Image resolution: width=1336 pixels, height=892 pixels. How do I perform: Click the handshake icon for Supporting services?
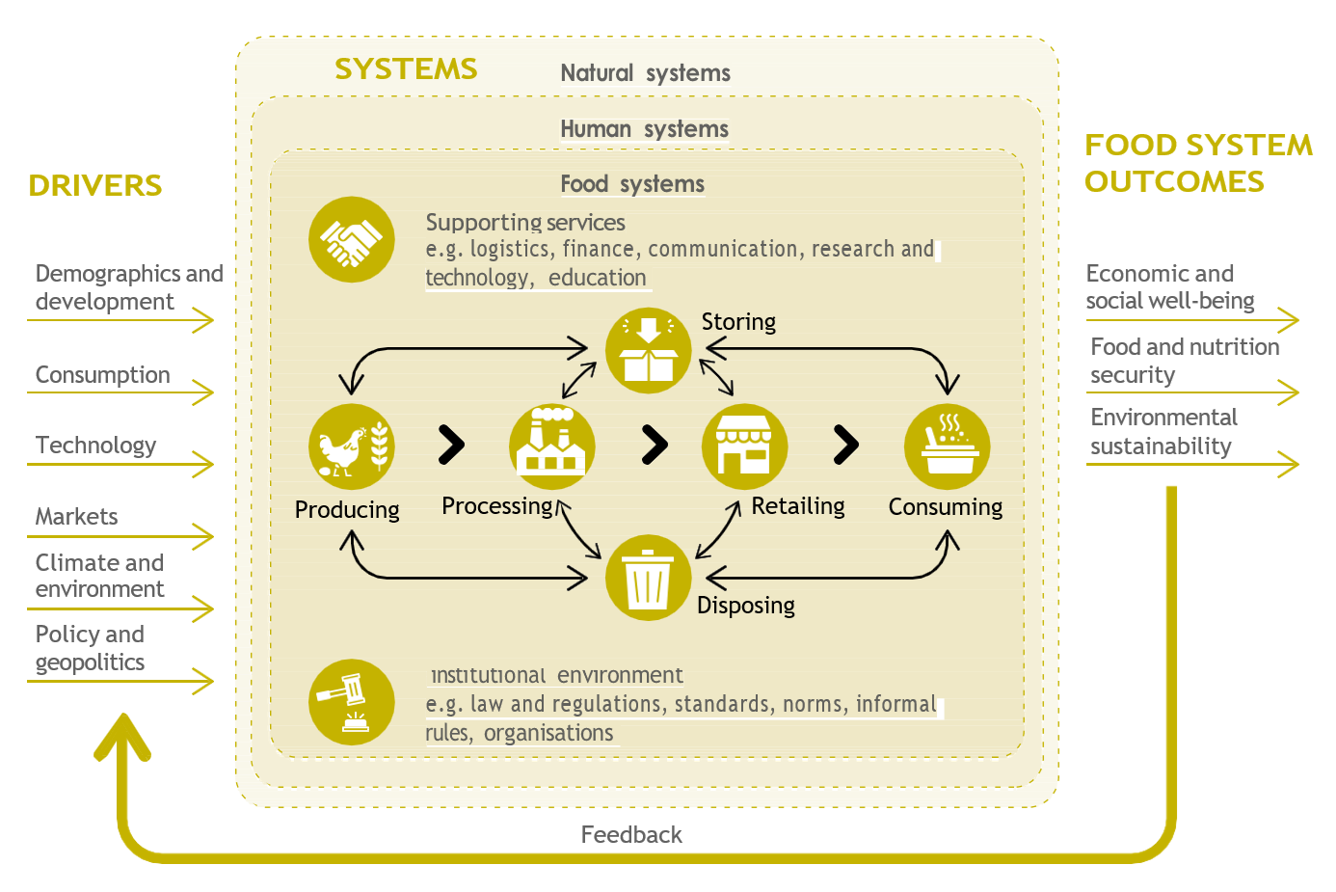352,240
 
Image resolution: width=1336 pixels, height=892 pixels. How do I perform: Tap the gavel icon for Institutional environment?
352,702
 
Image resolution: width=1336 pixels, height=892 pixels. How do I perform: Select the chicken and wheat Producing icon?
352,446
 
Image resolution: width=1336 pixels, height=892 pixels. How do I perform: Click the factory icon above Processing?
551,446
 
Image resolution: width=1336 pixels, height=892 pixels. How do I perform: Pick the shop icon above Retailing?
744,446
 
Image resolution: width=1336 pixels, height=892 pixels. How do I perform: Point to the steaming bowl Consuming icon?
947,446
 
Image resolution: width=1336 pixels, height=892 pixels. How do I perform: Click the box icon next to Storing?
648,350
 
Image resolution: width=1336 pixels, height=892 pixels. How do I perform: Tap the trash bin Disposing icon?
648,578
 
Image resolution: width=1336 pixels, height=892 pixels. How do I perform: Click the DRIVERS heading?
95,185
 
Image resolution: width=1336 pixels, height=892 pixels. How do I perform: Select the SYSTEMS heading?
406,69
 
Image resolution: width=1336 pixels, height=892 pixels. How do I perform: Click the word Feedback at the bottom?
631,835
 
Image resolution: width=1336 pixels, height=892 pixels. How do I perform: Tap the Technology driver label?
95,446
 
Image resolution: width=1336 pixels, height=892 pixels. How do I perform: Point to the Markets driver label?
77,517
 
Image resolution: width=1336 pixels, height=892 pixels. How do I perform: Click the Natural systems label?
646,73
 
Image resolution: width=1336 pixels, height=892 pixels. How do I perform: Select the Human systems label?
645,129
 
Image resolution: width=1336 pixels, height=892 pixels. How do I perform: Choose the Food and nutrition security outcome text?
1185,361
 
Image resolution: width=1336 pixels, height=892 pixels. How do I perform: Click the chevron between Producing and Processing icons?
451,445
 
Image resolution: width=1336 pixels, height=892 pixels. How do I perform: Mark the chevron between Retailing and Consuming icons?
845,445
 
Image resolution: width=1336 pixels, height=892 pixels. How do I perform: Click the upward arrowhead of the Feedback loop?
122,737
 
